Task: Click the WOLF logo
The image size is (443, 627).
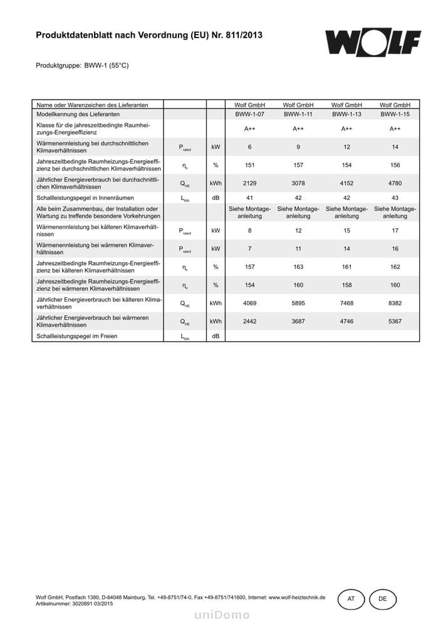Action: (372, 42)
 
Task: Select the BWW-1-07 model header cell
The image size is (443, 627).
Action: (249, 115)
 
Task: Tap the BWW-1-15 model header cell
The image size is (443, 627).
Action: (395, 115)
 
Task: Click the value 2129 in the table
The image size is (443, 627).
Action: (249, 183)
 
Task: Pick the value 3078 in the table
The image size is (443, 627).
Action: (298, 183)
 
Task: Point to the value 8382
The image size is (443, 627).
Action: (395, 303)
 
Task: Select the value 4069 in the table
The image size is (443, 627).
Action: (249, 303)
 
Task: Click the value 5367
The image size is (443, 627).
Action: (395, 322)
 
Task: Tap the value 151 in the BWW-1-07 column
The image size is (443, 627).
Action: (249, 165)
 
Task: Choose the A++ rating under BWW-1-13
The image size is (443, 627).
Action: (347, 129)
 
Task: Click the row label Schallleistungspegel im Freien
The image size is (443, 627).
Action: (77, 336)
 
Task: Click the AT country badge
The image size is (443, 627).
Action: (351, 599)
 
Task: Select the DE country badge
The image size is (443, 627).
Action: (383, 599)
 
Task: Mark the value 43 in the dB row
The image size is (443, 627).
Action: (395, 198)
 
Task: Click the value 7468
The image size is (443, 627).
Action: (347, 303)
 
